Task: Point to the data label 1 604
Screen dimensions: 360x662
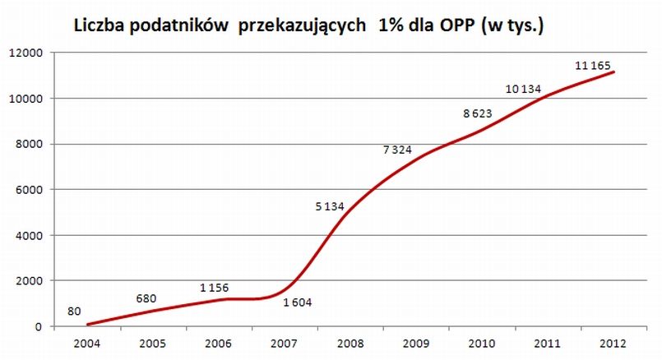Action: click(x=298, y=303)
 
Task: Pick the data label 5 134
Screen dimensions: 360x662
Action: click(x=331, y=207)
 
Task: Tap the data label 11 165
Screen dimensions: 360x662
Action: click(x=593, y=67)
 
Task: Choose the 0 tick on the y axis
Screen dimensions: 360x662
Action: click(x=38, y=327)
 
